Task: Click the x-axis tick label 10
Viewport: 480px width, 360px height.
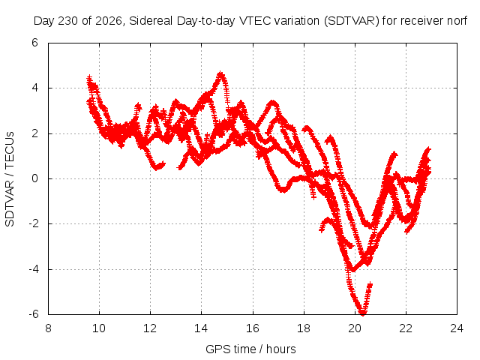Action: click(x=99, y=328)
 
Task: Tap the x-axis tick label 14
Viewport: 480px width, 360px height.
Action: click(x=201, y=328)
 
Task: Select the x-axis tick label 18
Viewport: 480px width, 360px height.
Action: click(x=304, y=328)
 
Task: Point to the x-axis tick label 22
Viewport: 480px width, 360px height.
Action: click(x=406, y=328)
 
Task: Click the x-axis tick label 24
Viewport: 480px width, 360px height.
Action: click(x=457, y=328)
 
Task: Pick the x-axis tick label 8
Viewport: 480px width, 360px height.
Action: click(x=48, y=328)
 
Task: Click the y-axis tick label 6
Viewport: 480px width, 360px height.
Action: click(x=34, y=43)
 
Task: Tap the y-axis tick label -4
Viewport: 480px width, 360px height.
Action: click(x=33, y=269)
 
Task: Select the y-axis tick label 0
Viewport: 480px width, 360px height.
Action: click(x=34, y=178)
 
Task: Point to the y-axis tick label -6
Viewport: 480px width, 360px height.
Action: click(x=33, y=314)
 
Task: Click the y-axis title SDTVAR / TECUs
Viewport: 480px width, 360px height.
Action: click(x=10, y=179)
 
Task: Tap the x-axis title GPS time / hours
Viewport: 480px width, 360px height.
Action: click(x=250, y=349)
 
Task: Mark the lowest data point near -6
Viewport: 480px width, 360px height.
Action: click(x=363, y=313)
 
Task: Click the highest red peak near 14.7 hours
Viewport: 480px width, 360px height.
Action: click(x=220, y=73)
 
